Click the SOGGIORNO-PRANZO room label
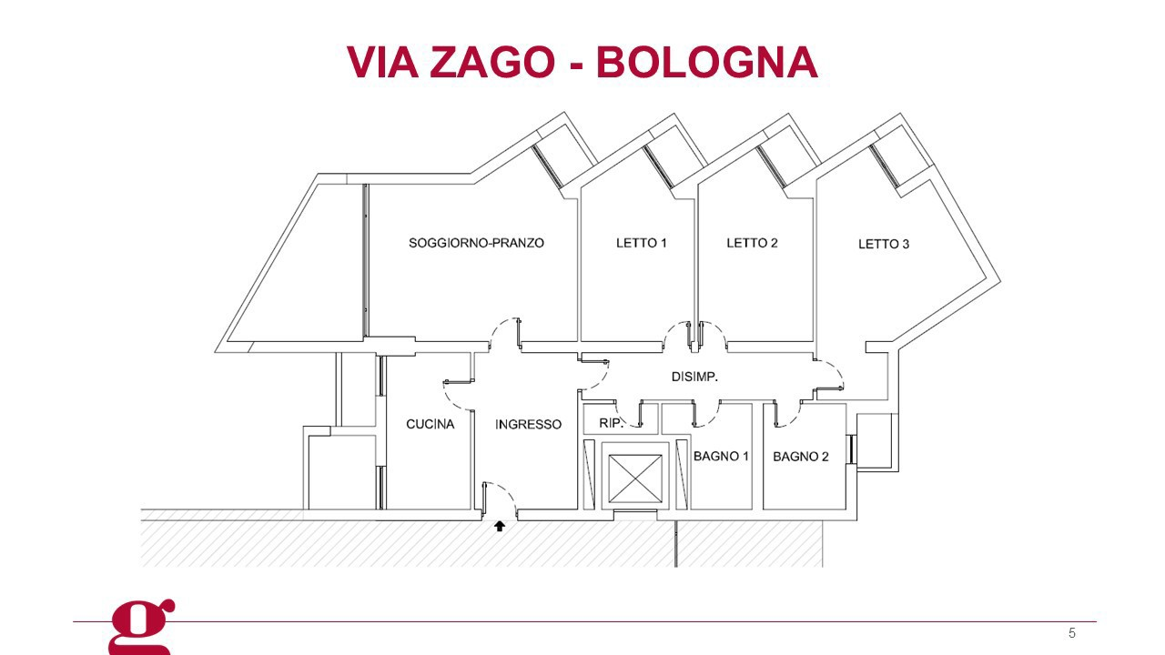pyautogui.click(x=476, y=243)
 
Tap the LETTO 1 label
pyautogui.click(x=642, y=243)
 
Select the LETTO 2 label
pyautogui.click(x=752, y=243)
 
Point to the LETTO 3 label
pyautogui.click(x=884, y=244)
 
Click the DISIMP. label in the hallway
pyautogui.click(x=694, y=377)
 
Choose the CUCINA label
pyautogui.click(x=431, y=424)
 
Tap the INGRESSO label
pyautogui.click(x=528, y=425)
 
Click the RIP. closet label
pyautogui.click(x=611, y=423)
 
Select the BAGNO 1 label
pyautogui.click(x=721, y=457)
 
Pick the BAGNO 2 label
pyautogui.click(x=800, y=457)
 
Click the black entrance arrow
pyautogui.click(x=500, y=526)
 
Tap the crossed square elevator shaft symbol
pyautogui.click(x=635, y=479)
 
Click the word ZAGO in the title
pyautogui.click(x=492, y=62)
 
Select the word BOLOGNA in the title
pyautogui.click(x=707, y=62)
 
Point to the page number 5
pyautogui.click(x=1072, y=633)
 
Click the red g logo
pyautogui.click(x=140, y=628)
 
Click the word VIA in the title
pyautogui.click(x=383, y=62)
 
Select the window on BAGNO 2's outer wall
pyautogui.click(x=851, y=449)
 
